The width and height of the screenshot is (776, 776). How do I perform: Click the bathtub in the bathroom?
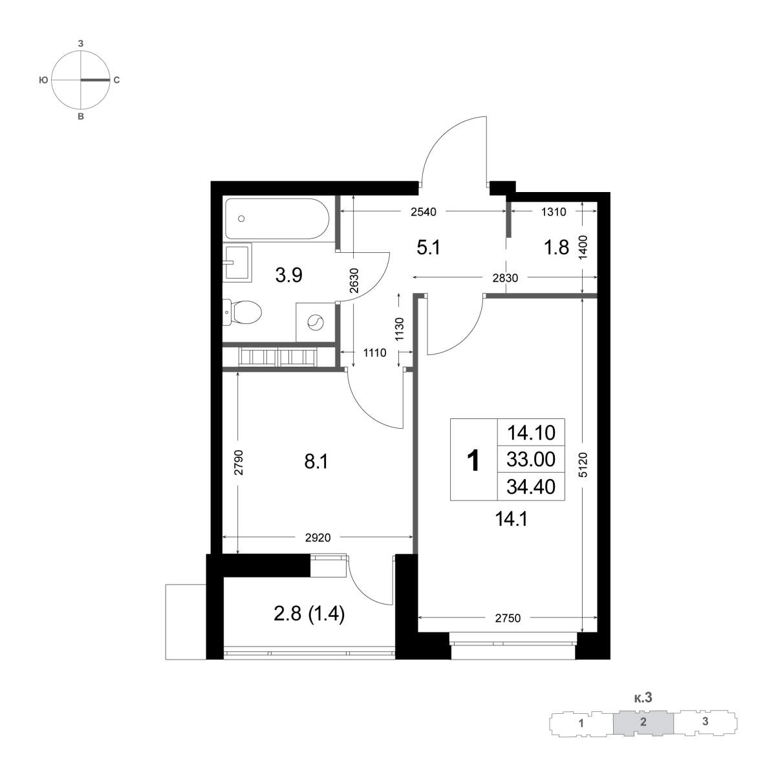pyautogui.click(x=277, y=219)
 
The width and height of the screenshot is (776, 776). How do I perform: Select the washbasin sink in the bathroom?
pyautogui.click(x=237, y=262)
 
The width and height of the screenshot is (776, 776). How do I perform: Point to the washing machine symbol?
pyautogui.click(x=316, y=322)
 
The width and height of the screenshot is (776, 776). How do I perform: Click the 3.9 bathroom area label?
pyautogui.click(x=289, y=275)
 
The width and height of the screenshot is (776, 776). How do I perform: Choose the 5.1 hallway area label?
pyautogui.click(x=429, y=247)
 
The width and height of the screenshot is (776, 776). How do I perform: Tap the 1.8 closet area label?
pyautogui.click(x=557, y=247)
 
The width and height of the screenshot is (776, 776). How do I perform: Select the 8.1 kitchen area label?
pyautogui.click(x=316, y=462)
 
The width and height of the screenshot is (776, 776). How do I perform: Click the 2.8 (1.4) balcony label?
pyautogui.click(x=309, y=614)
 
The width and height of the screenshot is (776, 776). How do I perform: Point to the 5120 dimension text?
pyautogui.click(x=584, y=465)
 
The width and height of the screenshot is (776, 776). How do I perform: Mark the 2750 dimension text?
pyautogui.click(x=508, y=618)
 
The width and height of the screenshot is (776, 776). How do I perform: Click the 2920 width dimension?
pyautogui.click(x=318, y=537)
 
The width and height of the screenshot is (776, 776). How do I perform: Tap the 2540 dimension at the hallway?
pyautogui.click(x=424, y=212)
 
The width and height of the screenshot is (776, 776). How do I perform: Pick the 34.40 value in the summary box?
pyautogui.click(x=531, y=487)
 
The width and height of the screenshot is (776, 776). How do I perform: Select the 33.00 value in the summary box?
pyautogui.click(x=531, y=459)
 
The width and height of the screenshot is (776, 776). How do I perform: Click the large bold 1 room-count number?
pyautogui.click(x=473, y=460)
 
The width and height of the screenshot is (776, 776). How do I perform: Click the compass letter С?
pyautogui.click(x=116, y=80)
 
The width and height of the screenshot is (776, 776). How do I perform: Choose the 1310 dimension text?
pyautogui.click(x=554, y=212)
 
